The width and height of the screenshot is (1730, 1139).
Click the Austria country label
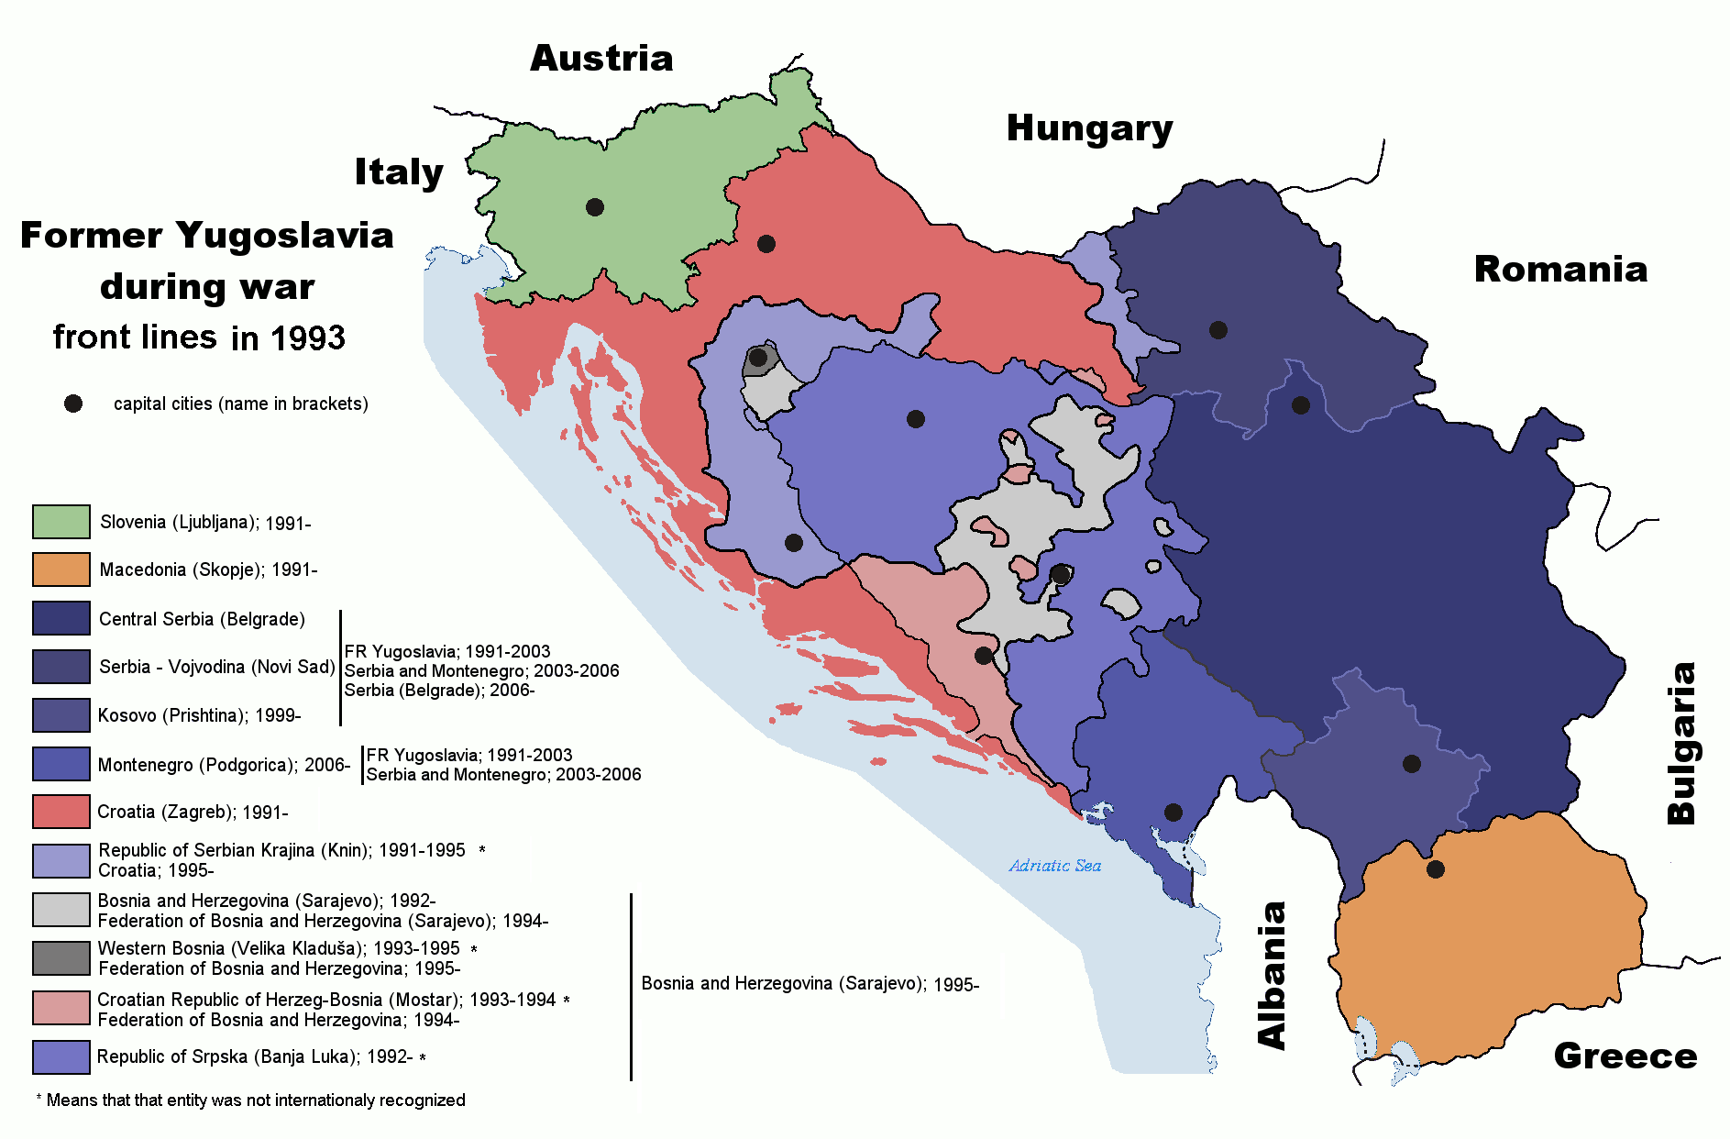(x=601, y=59)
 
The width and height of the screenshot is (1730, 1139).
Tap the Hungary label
(x=1089, y=129)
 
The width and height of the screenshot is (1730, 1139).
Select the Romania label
(x=1560, y=270)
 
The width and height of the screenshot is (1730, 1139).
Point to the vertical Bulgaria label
(x=1681, y=743)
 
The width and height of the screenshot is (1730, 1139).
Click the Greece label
(x=1625, y=1056)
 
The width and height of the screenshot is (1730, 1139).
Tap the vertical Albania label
(x=1273, y=975)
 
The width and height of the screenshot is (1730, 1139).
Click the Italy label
(x=399, y=172)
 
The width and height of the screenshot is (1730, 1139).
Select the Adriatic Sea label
(x=1054, y=866)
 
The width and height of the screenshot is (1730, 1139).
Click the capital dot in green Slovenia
(x=595, y=207)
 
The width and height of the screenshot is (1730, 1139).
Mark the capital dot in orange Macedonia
(x=1436, y=868)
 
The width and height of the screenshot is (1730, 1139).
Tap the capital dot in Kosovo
(x=1412, y=764)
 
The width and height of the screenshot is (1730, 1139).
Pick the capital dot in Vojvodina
(x=1218, y=330)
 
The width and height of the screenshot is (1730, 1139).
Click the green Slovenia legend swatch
(x=61, y=522)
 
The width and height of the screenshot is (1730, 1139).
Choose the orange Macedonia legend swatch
(x=61, y=569)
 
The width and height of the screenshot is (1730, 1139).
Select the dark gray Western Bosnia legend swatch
(x=61, y=958)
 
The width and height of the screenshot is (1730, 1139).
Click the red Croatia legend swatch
(x=61, y=812)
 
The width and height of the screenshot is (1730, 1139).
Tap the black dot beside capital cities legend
(x=73, y=404)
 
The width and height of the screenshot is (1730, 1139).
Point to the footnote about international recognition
(x=250, y=1100)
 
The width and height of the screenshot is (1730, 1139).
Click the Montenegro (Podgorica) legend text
(x=224, y=765)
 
